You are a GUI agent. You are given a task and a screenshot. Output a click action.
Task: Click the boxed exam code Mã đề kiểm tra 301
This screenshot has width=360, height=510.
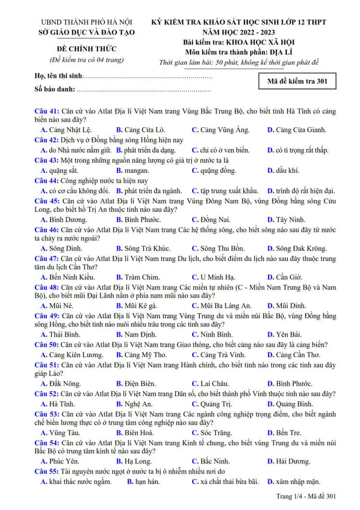coord(297,81)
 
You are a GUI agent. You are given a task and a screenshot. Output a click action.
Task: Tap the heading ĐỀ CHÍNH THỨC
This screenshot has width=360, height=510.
coord(86,49)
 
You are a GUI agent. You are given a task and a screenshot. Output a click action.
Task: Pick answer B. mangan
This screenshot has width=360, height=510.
coord(132,170)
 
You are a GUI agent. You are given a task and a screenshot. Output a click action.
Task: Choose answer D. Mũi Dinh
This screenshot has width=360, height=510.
coord(287,305)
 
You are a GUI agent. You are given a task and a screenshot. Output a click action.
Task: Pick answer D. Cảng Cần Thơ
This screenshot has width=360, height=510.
coord(293,355)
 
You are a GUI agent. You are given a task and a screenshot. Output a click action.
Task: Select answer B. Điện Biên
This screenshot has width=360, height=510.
coord(135,384)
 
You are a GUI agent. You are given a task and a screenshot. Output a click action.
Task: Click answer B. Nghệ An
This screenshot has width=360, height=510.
coord(134,404)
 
